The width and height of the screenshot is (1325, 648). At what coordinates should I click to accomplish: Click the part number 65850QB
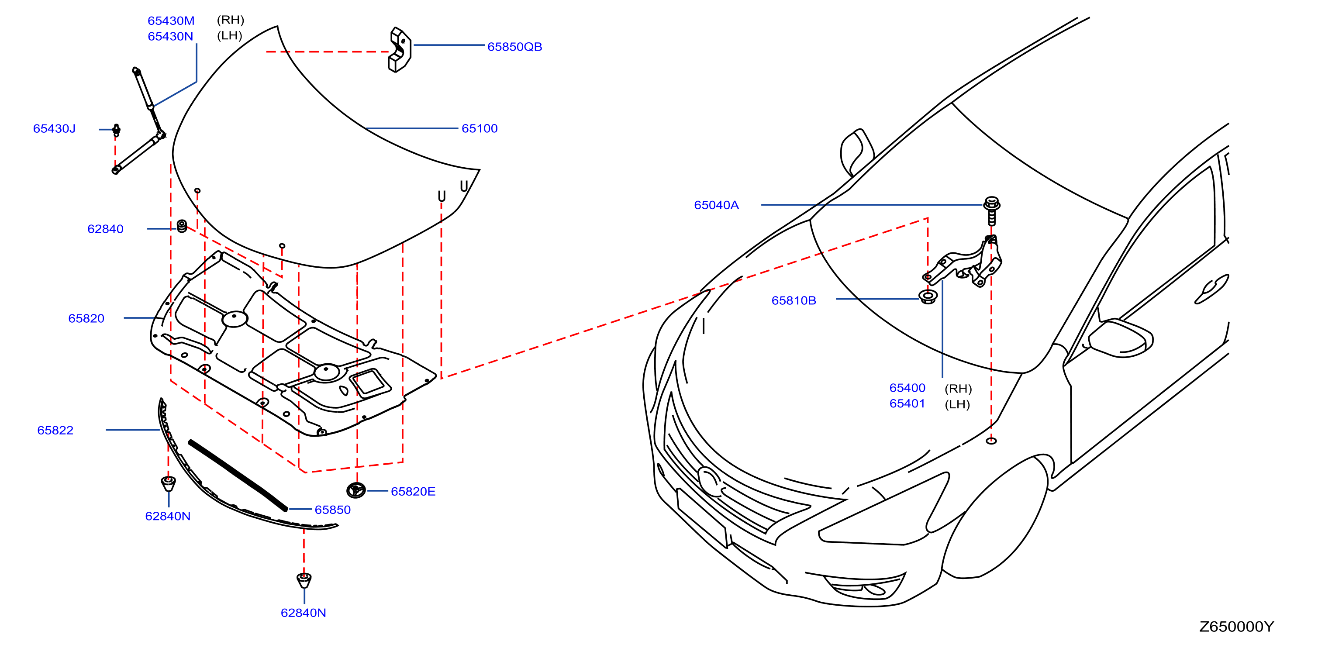[x=514, y=47]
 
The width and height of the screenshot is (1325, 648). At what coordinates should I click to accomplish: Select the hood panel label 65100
[x=480, y=128]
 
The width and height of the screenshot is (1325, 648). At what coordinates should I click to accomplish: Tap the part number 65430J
[x=54, y=128]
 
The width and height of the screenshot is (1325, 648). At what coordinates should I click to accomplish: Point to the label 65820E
[x=413, y=492]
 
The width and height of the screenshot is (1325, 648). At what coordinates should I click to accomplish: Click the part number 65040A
[x=717, y=205]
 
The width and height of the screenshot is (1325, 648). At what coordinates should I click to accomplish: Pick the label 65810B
[x=794, y=301]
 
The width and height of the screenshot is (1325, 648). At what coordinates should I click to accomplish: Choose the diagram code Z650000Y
[x=1236, y=627]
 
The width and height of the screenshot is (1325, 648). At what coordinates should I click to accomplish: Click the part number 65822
[x=55, y=431]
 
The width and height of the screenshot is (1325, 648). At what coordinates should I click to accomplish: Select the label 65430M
[x=171, y=21]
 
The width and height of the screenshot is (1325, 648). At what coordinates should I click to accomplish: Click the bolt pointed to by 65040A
[x=992, y=210]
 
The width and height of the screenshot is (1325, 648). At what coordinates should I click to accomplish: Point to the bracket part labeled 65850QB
[x=400, y=50]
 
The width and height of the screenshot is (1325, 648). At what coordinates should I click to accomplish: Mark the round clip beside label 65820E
[x=356, y=491]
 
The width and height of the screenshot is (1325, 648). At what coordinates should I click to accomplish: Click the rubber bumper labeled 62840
[x=182, y=226]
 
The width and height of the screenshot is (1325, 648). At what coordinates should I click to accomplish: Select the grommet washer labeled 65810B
[x=928, y=297]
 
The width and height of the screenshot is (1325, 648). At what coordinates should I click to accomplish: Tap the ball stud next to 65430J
[x=116, y=130]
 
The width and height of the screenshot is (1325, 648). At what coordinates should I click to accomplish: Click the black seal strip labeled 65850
[x=238, y=475]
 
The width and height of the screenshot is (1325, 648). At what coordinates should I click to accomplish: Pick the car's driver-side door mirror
[x=1120, y=338]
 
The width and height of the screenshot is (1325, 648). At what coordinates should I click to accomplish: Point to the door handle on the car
[x=1211, y=290]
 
